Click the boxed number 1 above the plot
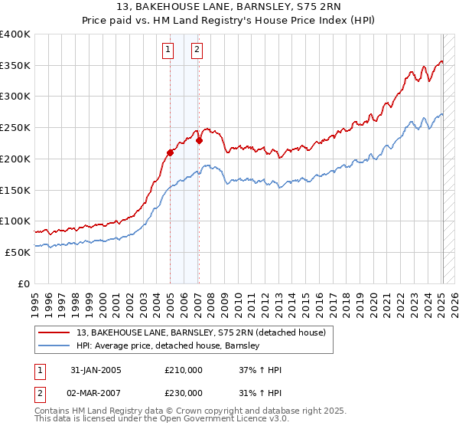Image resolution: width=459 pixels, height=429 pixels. pyautogui.click(x=168, y=51)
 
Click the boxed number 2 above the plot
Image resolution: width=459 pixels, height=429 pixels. pyautogui.click(x=197, y=51)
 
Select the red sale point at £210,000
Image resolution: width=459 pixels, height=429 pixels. pyautogui.click(x=170, y=152)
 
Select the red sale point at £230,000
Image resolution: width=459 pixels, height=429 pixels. pyautogui.click(x=198, y=140)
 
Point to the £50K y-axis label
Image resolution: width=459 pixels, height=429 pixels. pyautogui.click(x=17, y=252)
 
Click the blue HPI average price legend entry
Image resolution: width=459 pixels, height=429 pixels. pyautogui.click(x=168, y=345)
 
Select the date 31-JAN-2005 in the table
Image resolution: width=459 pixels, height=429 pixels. pyautogui.click(x=96, y=370)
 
